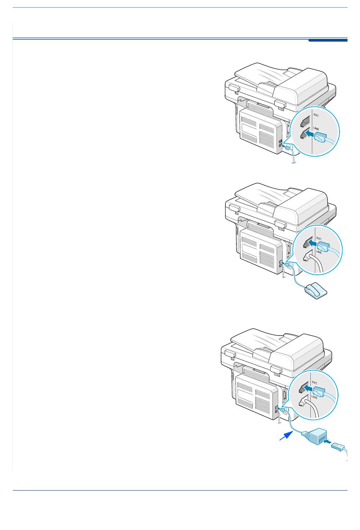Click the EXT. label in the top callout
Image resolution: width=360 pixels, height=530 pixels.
click(x=316, y=115)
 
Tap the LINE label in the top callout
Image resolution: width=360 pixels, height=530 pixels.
click(x=316, y=129)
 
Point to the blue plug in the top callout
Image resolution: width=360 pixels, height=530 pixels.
click(x=320, y=137)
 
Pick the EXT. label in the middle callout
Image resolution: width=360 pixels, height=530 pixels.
click(x=319, y=238)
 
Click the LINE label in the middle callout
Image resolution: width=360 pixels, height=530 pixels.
click(x=319, y=252)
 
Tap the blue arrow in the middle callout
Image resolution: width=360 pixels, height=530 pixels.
click(x=313, y=243)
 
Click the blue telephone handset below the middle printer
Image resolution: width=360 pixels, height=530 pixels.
click(x=316, y=291)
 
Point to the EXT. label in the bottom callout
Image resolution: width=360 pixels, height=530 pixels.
click(x=315, y=383)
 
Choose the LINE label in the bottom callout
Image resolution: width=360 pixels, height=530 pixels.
click(x=315, y=397)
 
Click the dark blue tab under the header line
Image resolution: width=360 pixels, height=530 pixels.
click(x=328, y=41)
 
